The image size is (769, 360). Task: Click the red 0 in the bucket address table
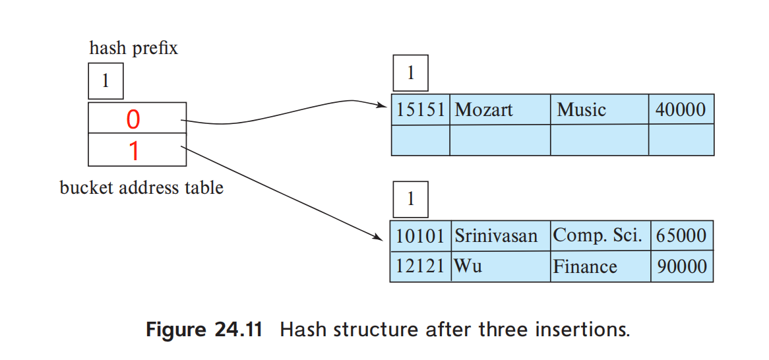point(133,119)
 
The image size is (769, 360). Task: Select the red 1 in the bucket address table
point(134,151)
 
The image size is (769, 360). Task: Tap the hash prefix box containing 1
point(105,80)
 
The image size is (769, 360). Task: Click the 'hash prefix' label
point(133,48)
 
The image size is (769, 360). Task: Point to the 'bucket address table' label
point(141,188)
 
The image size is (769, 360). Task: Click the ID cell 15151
point(420,109)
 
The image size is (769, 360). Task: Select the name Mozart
point(483,109)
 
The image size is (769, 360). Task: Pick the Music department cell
point(581,109)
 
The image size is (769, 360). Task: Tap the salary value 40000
point(680,109)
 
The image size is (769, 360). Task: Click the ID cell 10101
point(420,235)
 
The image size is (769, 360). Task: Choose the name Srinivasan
point(495,235)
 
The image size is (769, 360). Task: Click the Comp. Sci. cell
point(597,235)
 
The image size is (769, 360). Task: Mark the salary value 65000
point(680,235)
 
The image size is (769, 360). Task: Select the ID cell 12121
point(420,266)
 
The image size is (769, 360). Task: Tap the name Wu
point(468,266)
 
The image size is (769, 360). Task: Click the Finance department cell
point(585,266)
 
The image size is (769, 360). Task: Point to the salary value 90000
point(680,266)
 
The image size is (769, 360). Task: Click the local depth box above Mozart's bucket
point(410,73)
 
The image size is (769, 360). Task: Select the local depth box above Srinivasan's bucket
point(410,199)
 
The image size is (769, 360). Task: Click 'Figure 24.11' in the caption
point(204,329)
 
